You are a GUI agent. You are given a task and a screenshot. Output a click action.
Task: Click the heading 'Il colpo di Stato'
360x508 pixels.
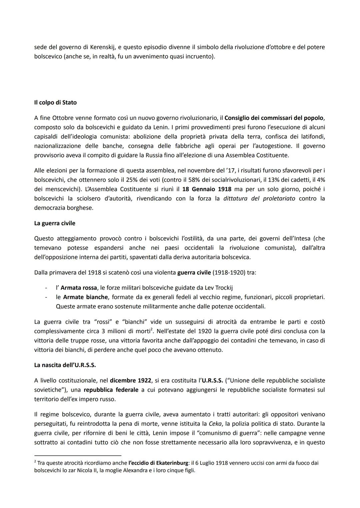click(55, 103)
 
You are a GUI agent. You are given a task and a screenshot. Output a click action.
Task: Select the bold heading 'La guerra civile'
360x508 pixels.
click(55, 223)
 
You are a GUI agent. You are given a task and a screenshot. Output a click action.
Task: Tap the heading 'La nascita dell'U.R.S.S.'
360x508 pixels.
click(65, 365)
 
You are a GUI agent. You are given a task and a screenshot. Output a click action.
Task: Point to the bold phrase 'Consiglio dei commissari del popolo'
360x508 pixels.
click(274, 118)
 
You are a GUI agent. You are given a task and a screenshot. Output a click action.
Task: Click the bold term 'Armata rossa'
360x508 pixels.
click(79, 287)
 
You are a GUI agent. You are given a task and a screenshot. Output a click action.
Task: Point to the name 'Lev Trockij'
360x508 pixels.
click(223, 287)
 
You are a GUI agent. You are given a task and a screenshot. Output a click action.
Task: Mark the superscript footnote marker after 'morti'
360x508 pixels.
click(151, 329)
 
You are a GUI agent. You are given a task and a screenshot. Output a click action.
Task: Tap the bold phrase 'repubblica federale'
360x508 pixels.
click(111, 390)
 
